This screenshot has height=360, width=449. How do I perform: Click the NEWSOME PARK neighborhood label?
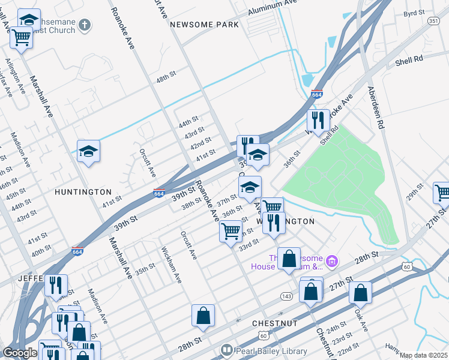tap(204, 25)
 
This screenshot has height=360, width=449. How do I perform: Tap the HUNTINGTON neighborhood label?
tap(83, 192)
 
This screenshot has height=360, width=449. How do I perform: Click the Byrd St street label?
tap(414, 13)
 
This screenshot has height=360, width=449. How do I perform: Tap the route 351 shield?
tap(433, 21)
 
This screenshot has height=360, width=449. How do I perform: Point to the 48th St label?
tap(164, 80)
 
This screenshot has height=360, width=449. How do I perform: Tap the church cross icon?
tap(85, 25)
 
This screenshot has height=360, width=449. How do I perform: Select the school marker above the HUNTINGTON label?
tap(88, 151)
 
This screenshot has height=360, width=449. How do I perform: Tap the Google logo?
tap(20, 353)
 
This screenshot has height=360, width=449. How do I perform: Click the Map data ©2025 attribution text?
tap(423, 355)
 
